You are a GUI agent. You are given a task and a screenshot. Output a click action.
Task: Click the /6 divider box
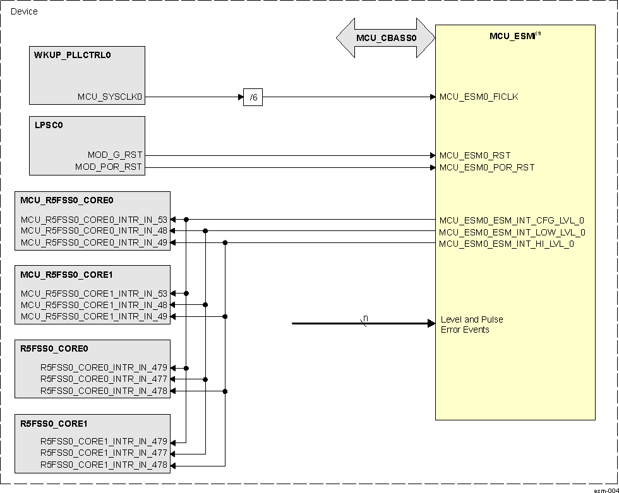(x=253, y=98)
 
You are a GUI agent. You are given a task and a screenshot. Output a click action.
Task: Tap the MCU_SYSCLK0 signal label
(x=111, y=97)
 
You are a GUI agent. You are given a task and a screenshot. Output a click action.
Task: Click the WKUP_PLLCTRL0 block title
(x=73, y=55)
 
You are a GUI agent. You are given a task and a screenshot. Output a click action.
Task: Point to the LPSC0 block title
(x=49, y=125)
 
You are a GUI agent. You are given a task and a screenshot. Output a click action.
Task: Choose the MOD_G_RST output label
(x=115, y=155)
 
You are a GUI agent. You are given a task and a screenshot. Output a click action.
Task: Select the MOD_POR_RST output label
(x=109, y=167)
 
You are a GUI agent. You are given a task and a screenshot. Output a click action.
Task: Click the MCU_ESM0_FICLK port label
(x=479, y=97)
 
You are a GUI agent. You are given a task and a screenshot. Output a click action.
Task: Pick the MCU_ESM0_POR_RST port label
(x=486, y=167)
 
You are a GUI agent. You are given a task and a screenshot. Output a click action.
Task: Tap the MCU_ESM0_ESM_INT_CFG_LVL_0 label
(x=512, y=220)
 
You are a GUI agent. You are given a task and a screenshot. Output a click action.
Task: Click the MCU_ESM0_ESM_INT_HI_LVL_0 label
(x=507, y=244)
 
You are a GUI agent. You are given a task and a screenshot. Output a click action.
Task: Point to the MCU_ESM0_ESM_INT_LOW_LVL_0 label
(x=512, y=232)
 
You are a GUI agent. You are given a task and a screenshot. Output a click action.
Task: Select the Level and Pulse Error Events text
(x=472, y=324)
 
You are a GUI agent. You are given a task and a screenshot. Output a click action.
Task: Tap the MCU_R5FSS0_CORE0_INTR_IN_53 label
(x=94, y=220)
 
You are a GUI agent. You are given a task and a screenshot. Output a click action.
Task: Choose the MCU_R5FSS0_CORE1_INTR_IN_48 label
(x=94, y=305)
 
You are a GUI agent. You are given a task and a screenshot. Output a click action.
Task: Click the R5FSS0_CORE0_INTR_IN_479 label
(x=104, y=368)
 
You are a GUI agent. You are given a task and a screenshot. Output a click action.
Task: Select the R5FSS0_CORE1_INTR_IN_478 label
(x=104, y=465)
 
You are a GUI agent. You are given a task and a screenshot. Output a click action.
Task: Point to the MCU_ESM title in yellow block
(x=513, y=36)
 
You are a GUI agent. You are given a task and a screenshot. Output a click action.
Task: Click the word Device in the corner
(x=24, y=11)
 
